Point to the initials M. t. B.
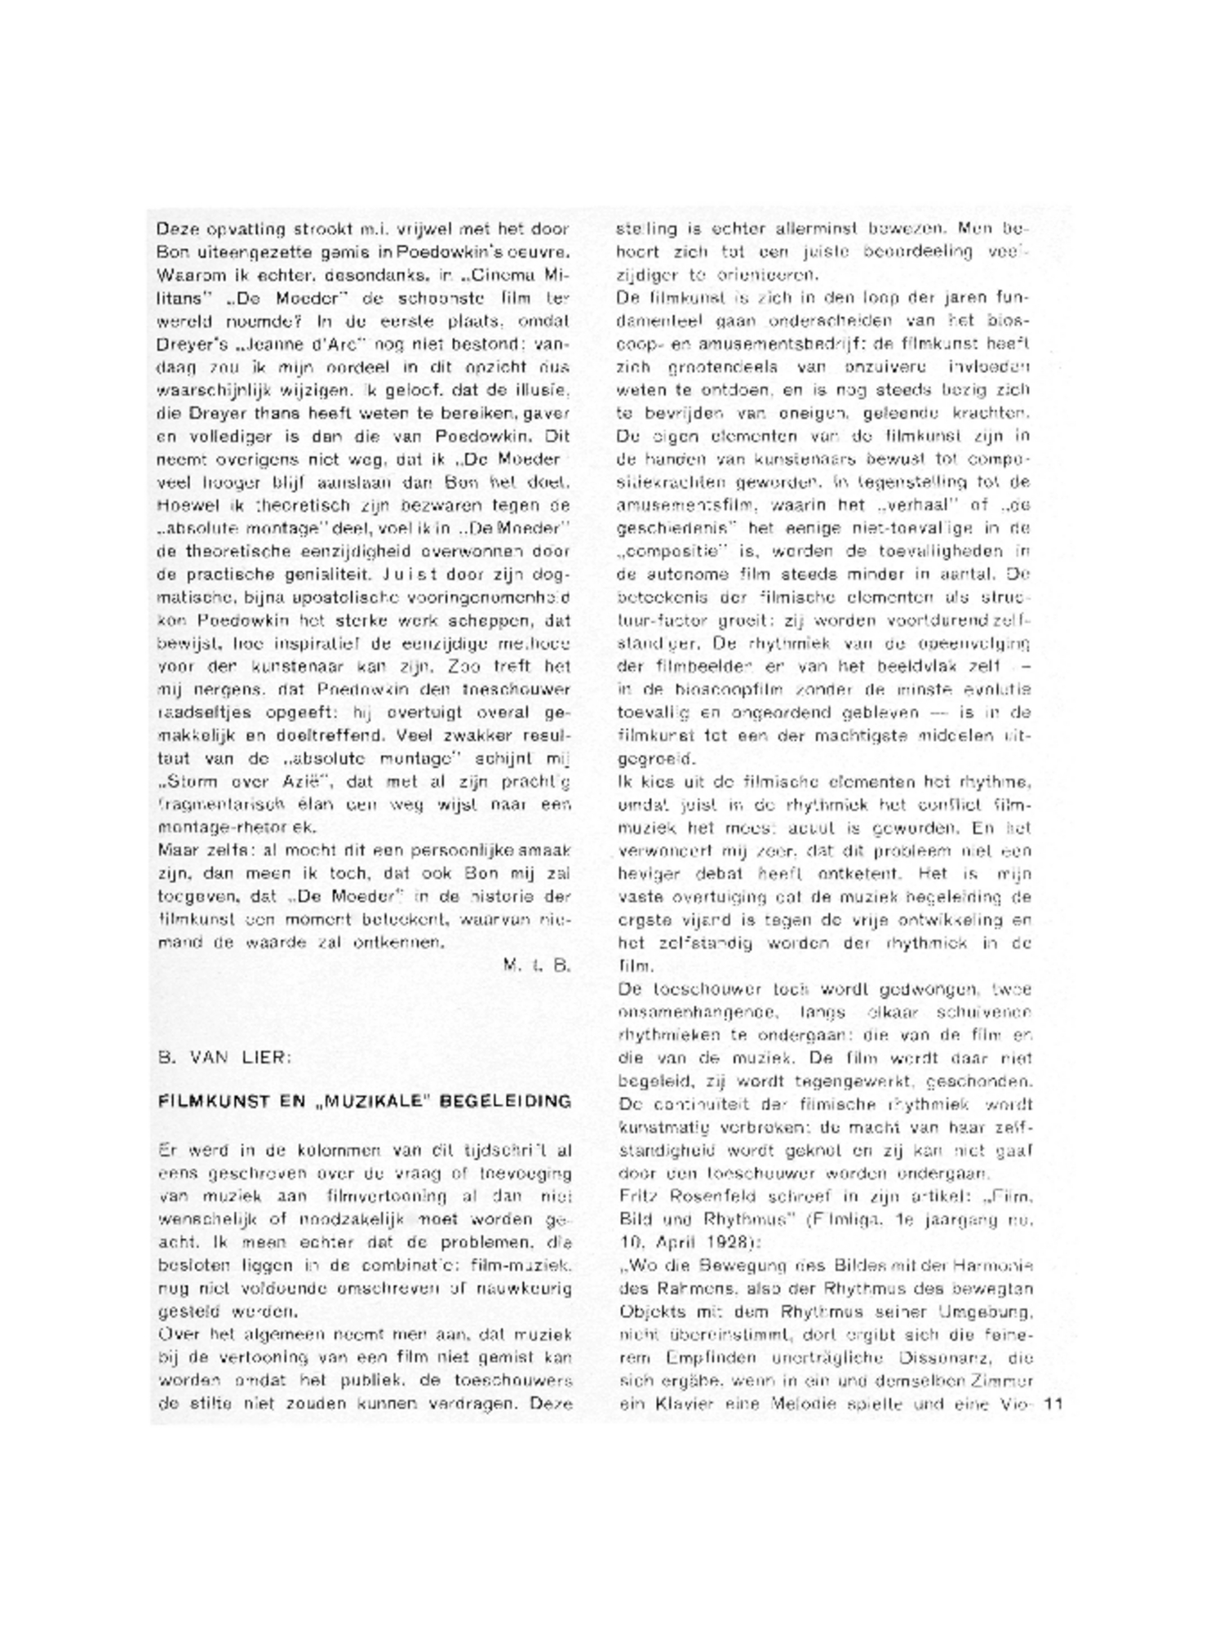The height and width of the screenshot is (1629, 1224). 536,965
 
